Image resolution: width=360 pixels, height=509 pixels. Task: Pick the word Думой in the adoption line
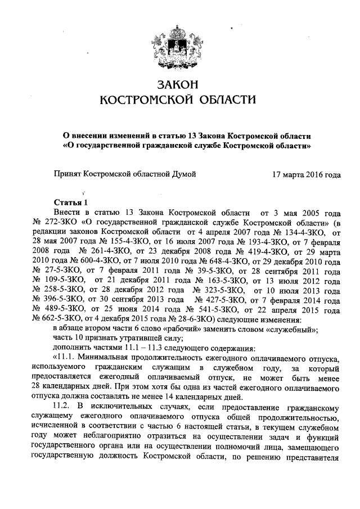pos(185,174)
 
